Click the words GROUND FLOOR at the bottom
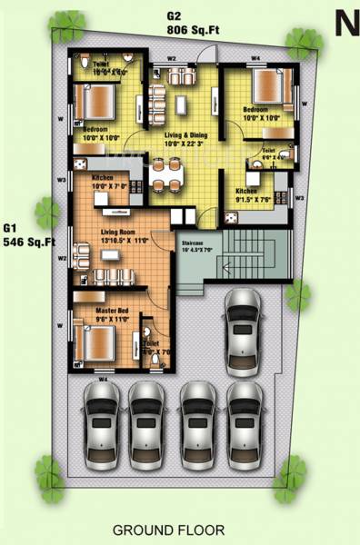click(x=168, y=529)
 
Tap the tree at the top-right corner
click(x=298, y=41)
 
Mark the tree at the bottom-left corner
click(x=50, y=472)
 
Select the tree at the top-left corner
click(x=65, y=22)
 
